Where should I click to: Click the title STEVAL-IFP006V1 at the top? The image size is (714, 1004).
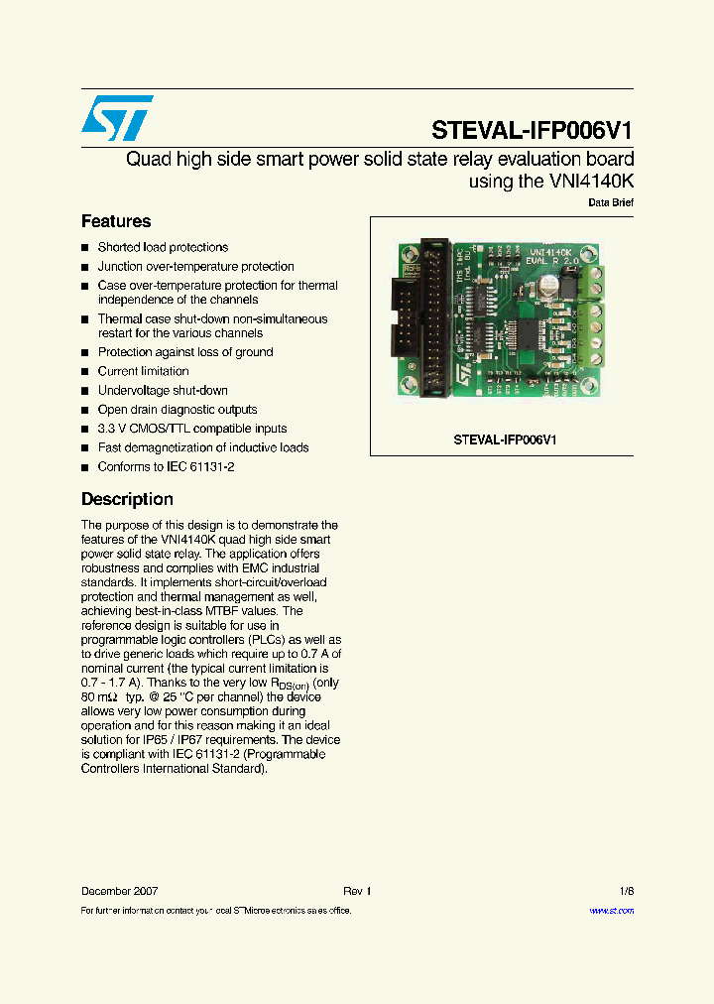(532, 131)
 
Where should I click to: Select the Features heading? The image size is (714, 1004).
(116, 221)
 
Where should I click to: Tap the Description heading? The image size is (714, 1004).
(127, 499)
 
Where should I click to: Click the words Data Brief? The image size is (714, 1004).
(611, 202)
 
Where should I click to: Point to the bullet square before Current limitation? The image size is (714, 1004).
(85, 372)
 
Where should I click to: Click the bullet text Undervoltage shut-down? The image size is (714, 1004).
(163, 391)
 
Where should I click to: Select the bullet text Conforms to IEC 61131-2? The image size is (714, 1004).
(166, 467)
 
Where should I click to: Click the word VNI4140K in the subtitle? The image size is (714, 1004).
(589, 181)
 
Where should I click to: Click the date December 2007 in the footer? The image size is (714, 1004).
(119, 891)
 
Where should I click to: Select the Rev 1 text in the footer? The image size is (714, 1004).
(357, 891)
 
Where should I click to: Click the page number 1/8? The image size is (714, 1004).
(626, 891)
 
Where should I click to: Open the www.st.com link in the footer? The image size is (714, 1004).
(611, 911)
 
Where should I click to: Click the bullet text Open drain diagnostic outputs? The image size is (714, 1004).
(178, 410)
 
